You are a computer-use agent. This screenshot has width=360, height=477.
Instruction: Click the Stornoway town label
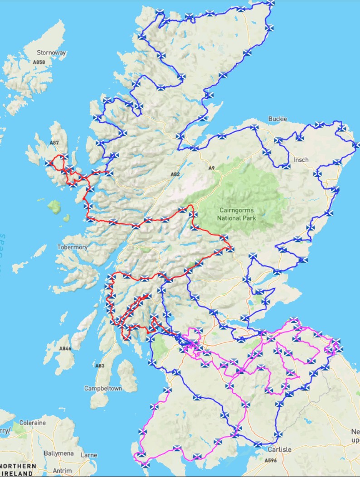[51, 53]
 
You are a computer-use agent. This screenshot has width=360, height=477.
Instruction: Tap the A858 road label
[39, 62]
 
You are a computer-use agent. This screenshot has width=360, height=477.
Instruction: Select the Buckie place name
[277, 119]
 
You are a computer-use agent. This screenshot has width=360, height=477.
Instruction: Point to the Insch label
[301, 159]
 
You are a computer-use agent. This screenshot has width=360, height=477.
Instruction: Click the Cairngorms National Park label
[236, 214]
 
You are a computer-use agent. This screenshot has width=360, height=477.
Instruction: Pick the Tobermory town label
[73, 247]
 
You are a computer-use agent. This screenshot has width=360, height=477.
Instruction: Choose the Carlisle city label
[279, 450]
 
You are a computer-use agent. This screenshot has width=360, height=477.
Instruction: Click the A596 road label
[271, 460]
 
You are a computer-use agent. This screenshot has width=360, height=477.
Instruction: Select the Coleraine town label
[32, 423]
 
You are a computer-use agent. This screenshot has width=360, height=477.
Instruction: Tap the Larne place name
[88, 455]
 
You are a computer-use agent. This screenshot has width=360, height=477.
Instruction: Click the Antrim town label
[62, 471]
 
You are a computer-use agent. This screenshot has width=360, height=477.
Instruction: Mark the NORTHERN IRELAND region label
[19, 470]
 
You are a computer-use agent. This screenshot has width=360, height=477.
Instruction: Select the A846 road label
[65, 349]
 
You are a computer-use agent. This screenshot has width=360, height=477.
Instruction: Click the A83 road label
[100, 366]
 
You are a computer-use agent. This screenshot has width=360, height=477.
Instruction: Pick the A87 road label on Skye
[54, 143]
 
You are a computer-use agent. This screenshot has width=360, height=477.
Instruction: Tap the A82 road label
[175, 174]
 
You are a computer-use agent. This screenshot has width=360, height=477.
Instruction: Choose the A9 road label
[211, 168]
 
